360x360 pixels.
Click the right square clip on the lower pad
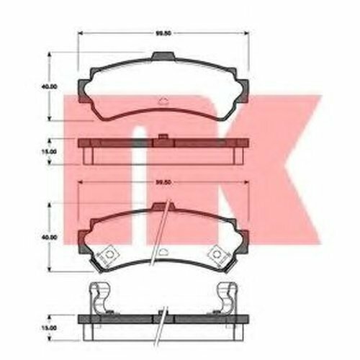pos(214,254)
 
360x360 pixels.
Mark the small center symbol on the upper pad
pos(162,102)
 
